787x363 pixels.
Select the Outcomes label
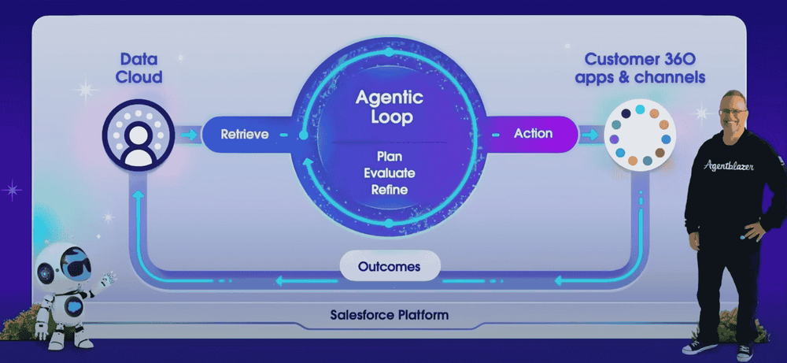389,266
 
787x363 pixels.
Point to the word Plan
390,157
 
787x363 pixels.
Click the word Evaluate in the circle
390,173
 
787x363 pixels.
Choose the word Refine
390,190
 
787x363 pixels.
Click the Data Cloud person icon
138,135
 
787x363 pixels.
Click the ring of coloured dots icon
641,135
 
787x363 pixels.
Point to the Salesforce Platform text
389,315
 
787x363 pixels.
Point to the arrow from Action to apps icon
589,135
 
